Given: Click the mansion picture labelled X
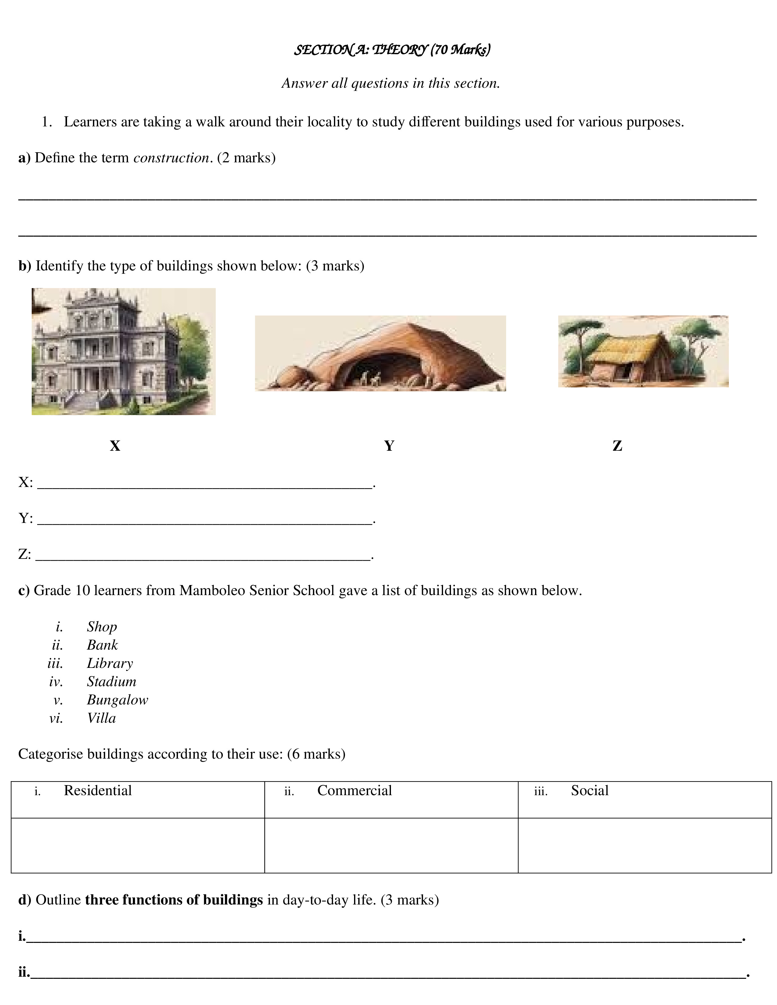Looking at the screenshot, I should pos(123,351).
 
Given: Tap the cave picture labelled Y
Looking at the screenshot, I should pos(380,353).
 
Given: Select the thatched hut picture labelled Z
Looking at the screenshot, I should pos(643,351).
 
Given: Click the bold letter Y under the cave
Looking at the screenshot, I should pos(389,446).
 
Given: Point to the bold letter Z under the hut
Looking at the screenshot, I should pos(617,446).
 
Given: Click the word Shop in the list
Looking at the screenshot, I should pos(102,627).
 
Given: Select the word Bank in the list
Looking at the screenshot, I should pos(102,645).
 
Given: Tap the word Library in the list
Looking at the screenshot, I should pos(110,664).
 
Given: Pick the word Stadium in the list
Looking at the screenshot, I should pos(112,682).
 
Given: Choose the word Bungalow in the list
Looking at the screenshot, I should pos(117,700).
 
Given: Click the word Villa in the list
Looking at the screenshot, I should pos(101,718).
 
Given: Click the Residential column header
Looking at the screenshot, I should pos(98,791).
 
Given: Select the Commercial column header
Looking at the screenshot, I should pos(354,791).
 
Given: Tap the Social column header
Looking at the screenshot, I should pos(590,791).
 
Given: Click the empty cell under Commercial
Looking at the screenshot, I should pos(391,845).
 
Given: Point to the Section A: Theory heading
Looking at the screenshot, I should pos(392,50).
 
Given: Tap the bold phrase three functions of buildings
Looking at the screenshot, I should pos(174,900).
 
